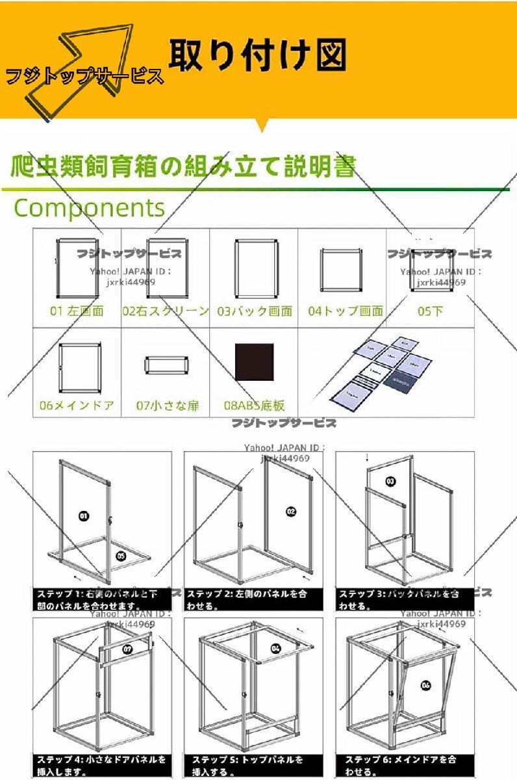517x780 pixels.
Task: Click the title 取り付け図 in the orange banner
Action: click(x=257, y=55)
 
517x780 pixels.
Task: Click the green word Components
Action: click(x=90, y=208)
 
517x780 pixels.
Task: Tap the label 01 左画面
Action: click(x=77, y=311)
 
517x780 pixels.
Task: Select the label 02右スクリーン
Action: click(x=166, y=311)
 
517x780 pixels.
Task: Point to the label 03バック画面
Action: click(x=254, y=311)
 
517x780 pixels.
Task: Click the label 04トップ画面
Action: click(x=346, y=311)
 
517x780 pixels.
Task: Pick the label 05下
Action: click(x=430, y=311)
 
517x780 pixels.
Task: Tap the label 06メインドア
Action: click(x=77, y=406)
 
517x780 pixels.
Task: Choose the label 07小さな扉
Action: click(x=167, y=406)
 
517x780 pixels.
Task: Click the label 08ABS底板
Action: click(x=254, y=406)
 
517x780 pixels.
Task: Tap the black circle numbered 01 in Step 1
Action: click(x=84, y=516)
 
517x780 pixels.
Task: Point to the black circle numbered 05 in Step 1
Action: click(x=120, y=555)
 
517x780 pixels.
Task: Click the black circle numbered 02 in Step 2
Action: click(x=290, y=511)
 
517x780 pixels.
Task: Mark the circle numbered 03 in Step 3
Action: click(x=390, y=482)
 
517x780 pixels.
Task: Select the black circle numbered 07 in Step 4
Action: click(x=127, y=648)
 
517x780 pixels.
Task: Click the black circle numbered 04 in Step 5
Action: click(x=275, y=648)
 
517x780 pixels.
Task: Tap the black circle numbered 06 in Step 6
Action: click(x=426, y=684)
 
